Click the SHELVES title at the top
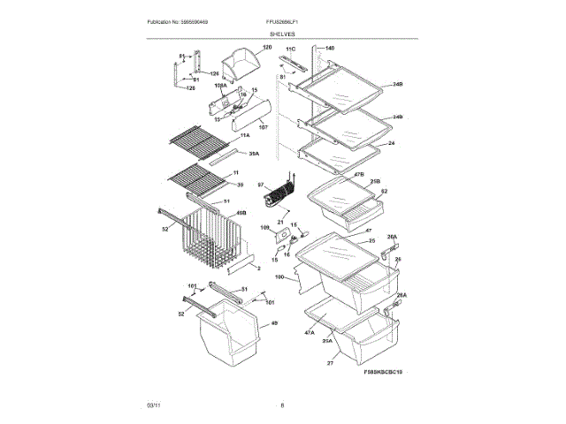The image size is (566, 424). tap(283, 34)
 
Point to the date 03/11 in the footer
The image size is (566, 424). tap(154, 405)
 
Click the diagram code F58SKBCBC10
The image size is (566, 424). tap(383, 374)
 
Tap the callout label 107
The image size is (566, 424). tap(262, 127)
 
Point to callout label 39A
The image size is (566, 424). tap(254, 155)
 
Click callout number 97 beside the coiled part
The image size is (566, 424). tap(261, 185)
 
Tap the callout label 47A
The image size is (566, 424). tap(310, 333)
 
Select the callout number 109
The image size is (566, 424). tap(264, 228)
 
